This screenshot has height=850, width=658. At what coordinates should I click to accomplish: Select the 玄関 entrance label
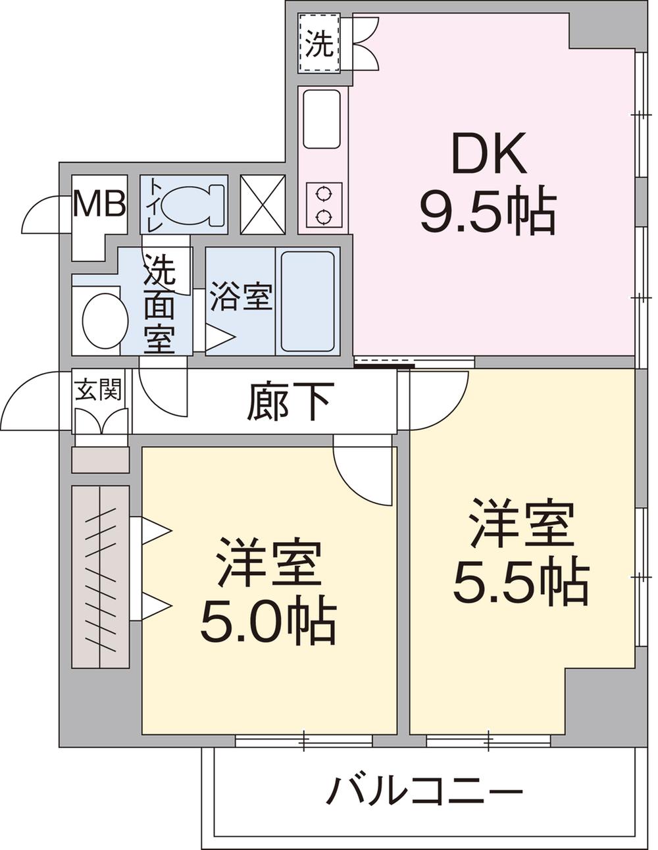pyautogui.click(x=98, y=389)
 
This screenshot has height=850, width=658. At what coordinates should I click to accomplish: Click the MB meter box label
pyautogui.click(x=100, y=203)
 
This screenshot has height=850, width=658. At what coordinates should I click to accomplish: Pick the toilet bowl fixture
pyautogui.click(x=192, y=205)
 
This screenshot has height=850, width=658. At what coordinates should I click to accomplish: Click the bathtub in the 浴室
pyautogui.click(x=308, y=301)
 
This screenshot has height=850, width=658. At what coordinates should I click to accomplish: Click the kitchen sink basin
pyautogui.click(x=322, y=119)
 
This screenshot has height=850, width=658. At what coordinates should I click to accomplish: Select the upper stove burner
pyautogui.click(x=324, y=193)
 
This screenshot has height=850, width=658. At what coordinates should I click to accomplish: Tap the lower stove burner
pyautogui.click(x=324, y=217)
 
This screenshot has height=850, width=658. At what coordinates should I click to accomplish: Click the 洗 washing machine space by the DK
pyautogui.click(x=319, y=43)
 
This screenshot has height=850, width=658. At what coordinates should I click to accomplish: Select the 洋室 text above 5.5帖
pyautogui.click(x=522, y=524)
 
